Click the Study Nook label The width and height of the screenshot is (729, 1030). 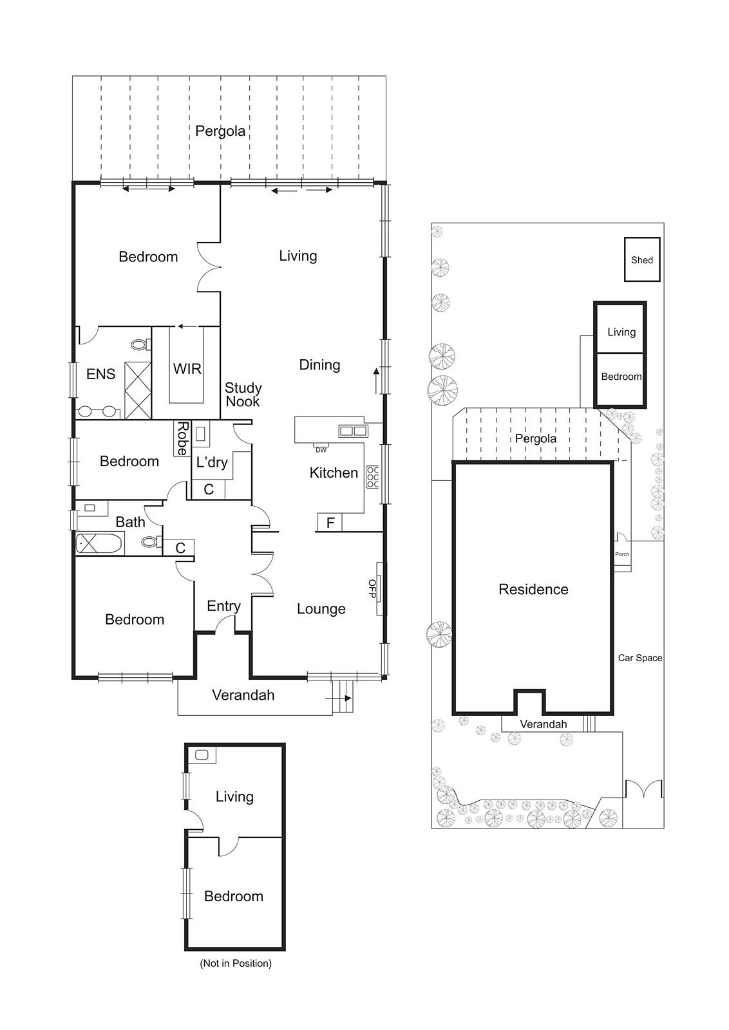pos(243,395)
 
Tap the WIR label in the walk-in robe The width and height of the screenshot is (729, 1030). pos(187,369)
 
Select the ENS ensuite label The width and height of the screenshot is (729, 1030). pos(100,374)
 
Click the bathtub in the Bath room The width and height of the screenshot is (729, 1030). pos(99,544)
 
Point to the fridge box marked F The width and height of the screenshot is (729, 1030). pos(330,523)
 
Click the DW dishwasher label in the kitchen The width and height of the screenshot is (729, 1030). pos(321,450)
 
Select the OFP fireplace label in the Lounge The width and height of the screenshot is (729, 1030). pos(372,588)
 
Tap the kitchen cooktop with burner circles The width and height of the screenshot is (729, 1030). pos(372,477)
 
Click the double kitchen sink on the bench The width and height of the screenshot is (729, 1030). pos(353,431)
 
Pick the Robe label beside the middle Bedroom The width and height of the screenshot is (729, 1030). pos(182,438)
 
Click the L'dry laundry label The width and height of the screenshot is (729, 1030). pos(212,462)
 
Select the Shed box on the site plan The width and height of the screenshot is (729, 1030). pos(642,260)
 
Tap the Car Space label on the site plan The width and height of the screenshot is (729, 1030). pos(639,658)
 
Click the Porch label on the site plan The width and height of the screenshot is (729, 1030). pos(621,554)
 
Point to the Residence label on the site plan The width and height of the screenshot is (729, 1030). pos(533,589)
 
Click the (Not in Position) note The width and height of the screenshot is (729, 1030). pos(235,964)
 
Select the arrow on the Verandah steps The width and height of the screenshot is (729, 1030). pos(343,698)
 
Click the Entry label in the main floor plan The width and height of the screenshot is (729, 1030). pos(223,606)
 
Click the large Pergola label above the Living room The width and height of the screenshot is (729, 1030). pos(220,131)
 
